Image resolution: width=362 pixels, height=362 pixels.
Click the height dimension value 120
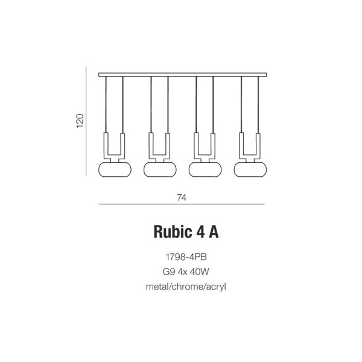(80, 121)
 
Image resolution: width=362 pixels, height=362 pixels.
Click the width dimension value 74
(182, 198)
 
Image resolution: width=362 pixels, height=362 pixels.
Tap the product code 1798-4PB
(186, 257)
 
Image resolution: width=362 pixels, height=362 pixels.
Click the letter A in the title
(214, 232)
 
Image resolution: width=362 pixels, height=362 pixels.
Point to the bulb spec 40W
(199, 271)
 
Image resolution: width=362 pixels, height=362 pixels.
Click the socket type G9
(169, 271)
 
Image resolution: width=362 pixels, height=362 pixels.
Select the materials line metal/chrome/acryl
(186, 287)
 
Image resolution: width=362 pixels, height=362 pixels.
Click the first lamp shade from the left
(115, 170)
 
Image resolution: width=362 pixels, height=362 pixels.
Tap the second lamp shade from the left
(160, 170)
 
